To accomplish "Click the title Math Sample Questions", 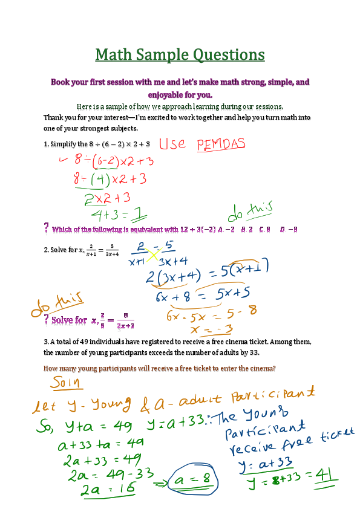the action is [x=180, y=55].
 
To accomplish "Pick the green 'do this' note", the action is [x=250, y=211].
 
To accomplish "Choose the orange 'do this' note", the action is [x=57, y=305].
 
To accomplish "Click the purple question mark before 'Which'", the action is [x=47, y=229].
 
